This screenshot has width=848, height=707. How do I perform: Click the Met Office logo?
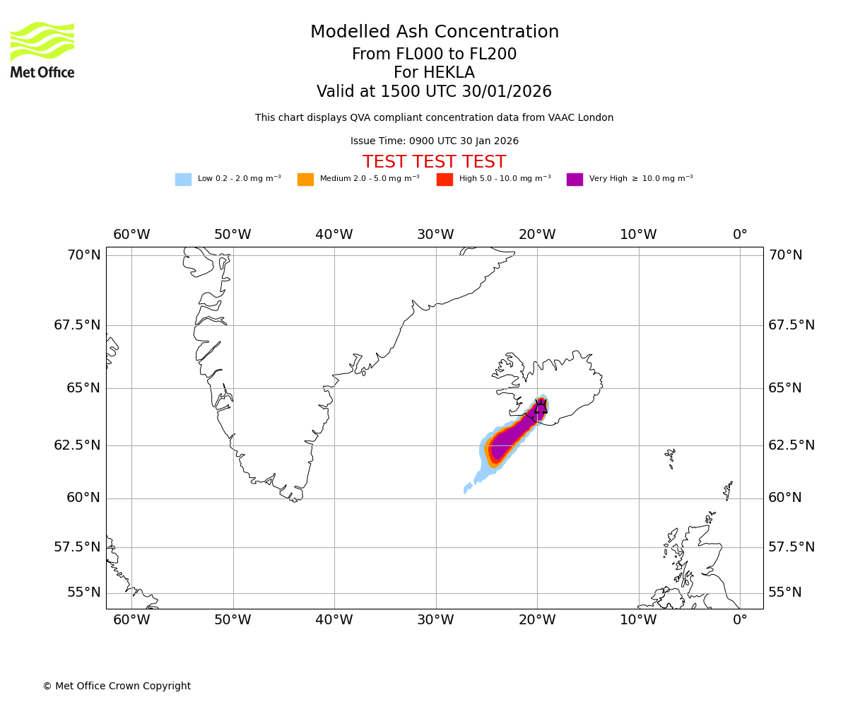[x=42, y=50]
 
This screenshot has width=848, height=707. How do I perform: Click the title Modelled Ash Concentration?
[x=435, y=33]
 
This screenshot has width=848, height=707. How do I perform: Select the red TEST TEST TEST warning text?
[x=434, y=163]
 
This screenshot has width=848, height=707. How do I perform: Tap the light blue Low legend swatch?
[x=183, y=180]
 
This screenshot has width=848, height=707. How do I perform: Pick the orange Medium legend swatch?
[x=305, y=180]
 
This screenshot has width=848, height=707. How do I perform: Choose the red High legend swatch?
[x=444, y=180]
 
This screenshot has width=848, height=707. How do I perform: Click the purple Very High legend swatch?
[x=575, y=180]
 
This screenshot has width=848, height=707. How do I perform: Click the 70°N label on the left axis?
[x=84, y=255]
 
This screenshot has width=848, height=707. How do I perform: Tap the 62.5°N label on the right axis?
[x=791, y=445]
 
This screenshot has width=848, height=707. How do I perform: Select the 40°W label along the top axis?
[x=334, y=235]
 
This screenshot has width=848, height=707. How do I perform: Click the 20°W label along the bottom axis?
[x=537, y=621]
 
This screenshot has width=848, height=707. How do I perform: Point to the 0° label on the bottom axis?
[x=740, y=621]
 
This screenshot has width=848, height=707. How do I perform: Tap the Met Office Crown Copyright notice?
[x=117, y=686]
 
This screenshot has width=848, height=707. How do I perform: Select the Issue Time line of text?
[x=434, y=141]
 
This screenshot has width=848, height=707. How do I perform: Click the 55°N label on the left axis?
[x=84, y=592]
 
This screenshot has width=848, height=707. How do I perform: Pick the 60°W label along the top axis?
[x=131, y=235]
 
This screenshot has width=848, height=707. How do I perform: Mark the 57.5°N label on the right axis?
[x=791, y=547]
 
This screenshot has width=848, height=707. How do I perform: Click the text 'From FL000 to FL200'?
[x=434, y=54]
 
